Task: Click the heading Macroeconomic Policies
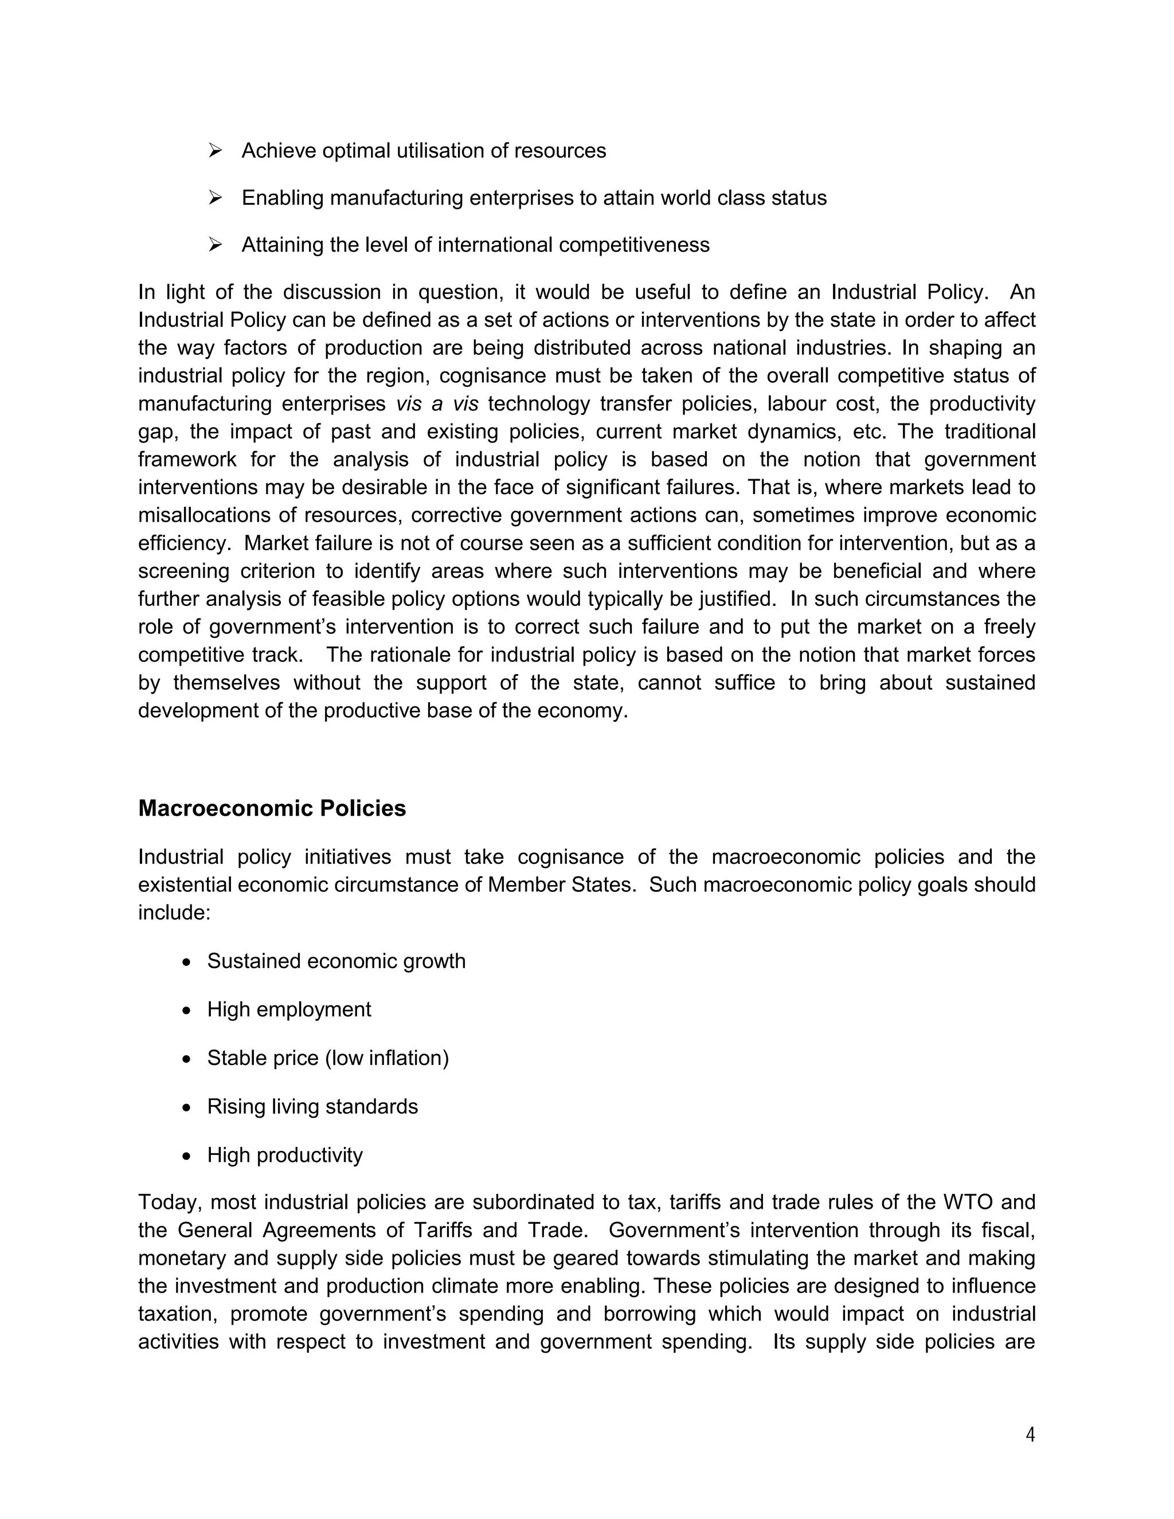[x=272, y=808]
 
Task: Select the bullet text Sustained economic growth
[x=336, y=961]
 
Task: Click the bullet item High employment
[x=289, y=1009]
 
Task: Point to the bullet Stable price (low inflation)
[x=327, y=1058]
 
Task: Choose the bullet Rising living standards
[x=312, y=1106]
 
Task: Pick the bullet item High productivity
[x=284, y=1155]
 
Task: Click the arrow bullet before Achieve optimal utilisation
[x=215, y=150]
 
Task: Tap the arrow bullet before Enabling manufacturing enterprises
[x=215, y=198]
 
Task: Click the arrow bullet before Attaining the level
[x=215, y=245]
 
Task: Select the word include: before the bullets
[x=174, y=913]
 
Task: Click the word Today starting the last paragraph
[x=167, y=1203]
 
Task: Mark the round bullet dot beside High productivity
[x=186, y=1157]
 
